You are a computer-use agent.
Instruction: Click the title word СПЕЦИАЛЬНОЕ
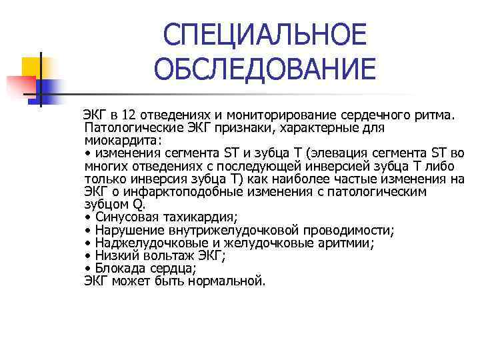click(x=265, y=34)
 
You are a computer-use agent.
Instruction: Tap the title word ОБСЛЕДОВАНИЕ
click(x=265, y=69)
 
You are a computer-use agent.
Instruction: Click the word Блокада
click(x=118, y=269)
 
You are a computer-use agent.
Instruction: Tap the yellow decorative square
click(x=31, y=67)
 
